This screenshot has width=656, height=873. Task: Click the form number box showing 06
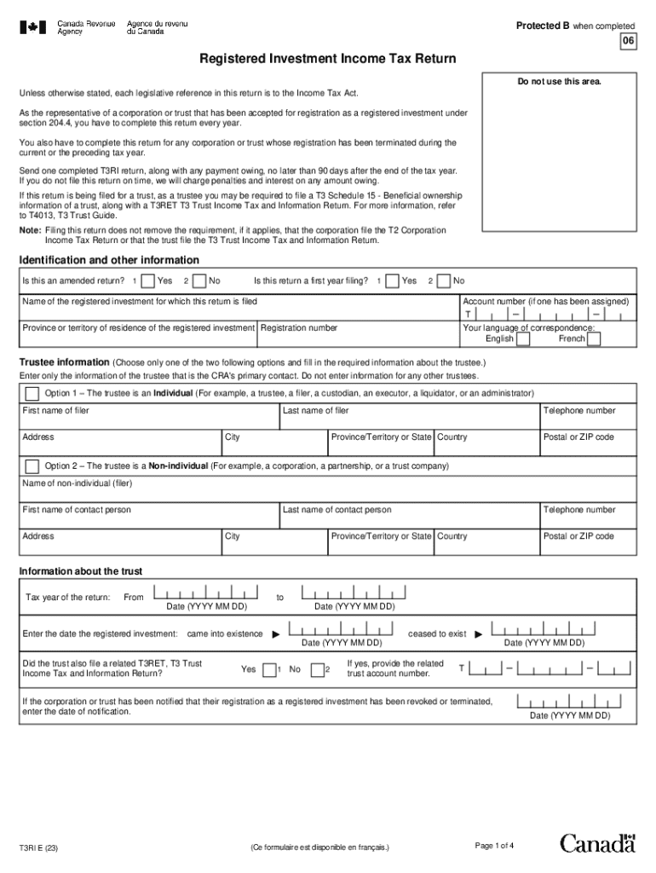627,42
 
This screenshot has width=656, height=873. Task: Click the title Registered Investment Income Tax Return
328,59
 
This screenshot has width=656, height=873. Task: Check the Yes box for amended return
148,281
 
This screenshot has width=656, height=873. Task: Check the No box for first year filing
443,281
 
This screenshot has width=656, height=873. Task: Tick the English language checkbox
523,339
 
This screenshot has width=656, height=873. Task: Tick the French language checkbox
594,339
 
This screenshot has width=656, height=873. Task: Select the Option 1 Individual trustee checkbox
32,394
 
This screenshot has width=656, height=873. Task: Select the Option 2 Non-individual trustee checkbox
32,466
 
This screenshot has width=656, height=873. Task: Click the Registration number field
358,338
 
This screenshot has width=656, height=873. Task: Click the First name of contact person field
150,518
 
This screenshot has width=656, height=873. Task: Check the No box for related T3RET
317,670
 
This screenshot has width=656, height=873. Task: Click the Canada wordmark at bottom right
597,843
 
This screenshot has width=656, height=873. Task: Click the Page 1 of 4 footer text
493,846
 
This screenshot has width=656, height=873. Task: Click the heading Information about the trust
81,571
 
